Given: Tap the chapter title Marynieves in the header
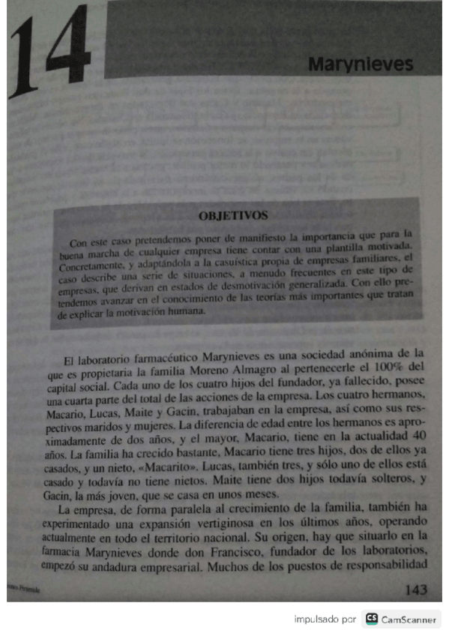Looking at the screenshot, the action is [x=360, y=64].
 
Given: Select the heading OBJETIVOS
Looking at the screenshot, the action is [x=232, y=216].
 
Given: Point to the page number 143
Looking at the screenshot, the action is [x=415, y=589].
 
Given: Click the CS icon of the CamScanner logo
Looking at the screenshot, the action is [x=371, y=619].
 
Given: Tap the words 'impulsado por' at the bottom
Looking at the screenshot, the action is [x=325, y=620].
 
